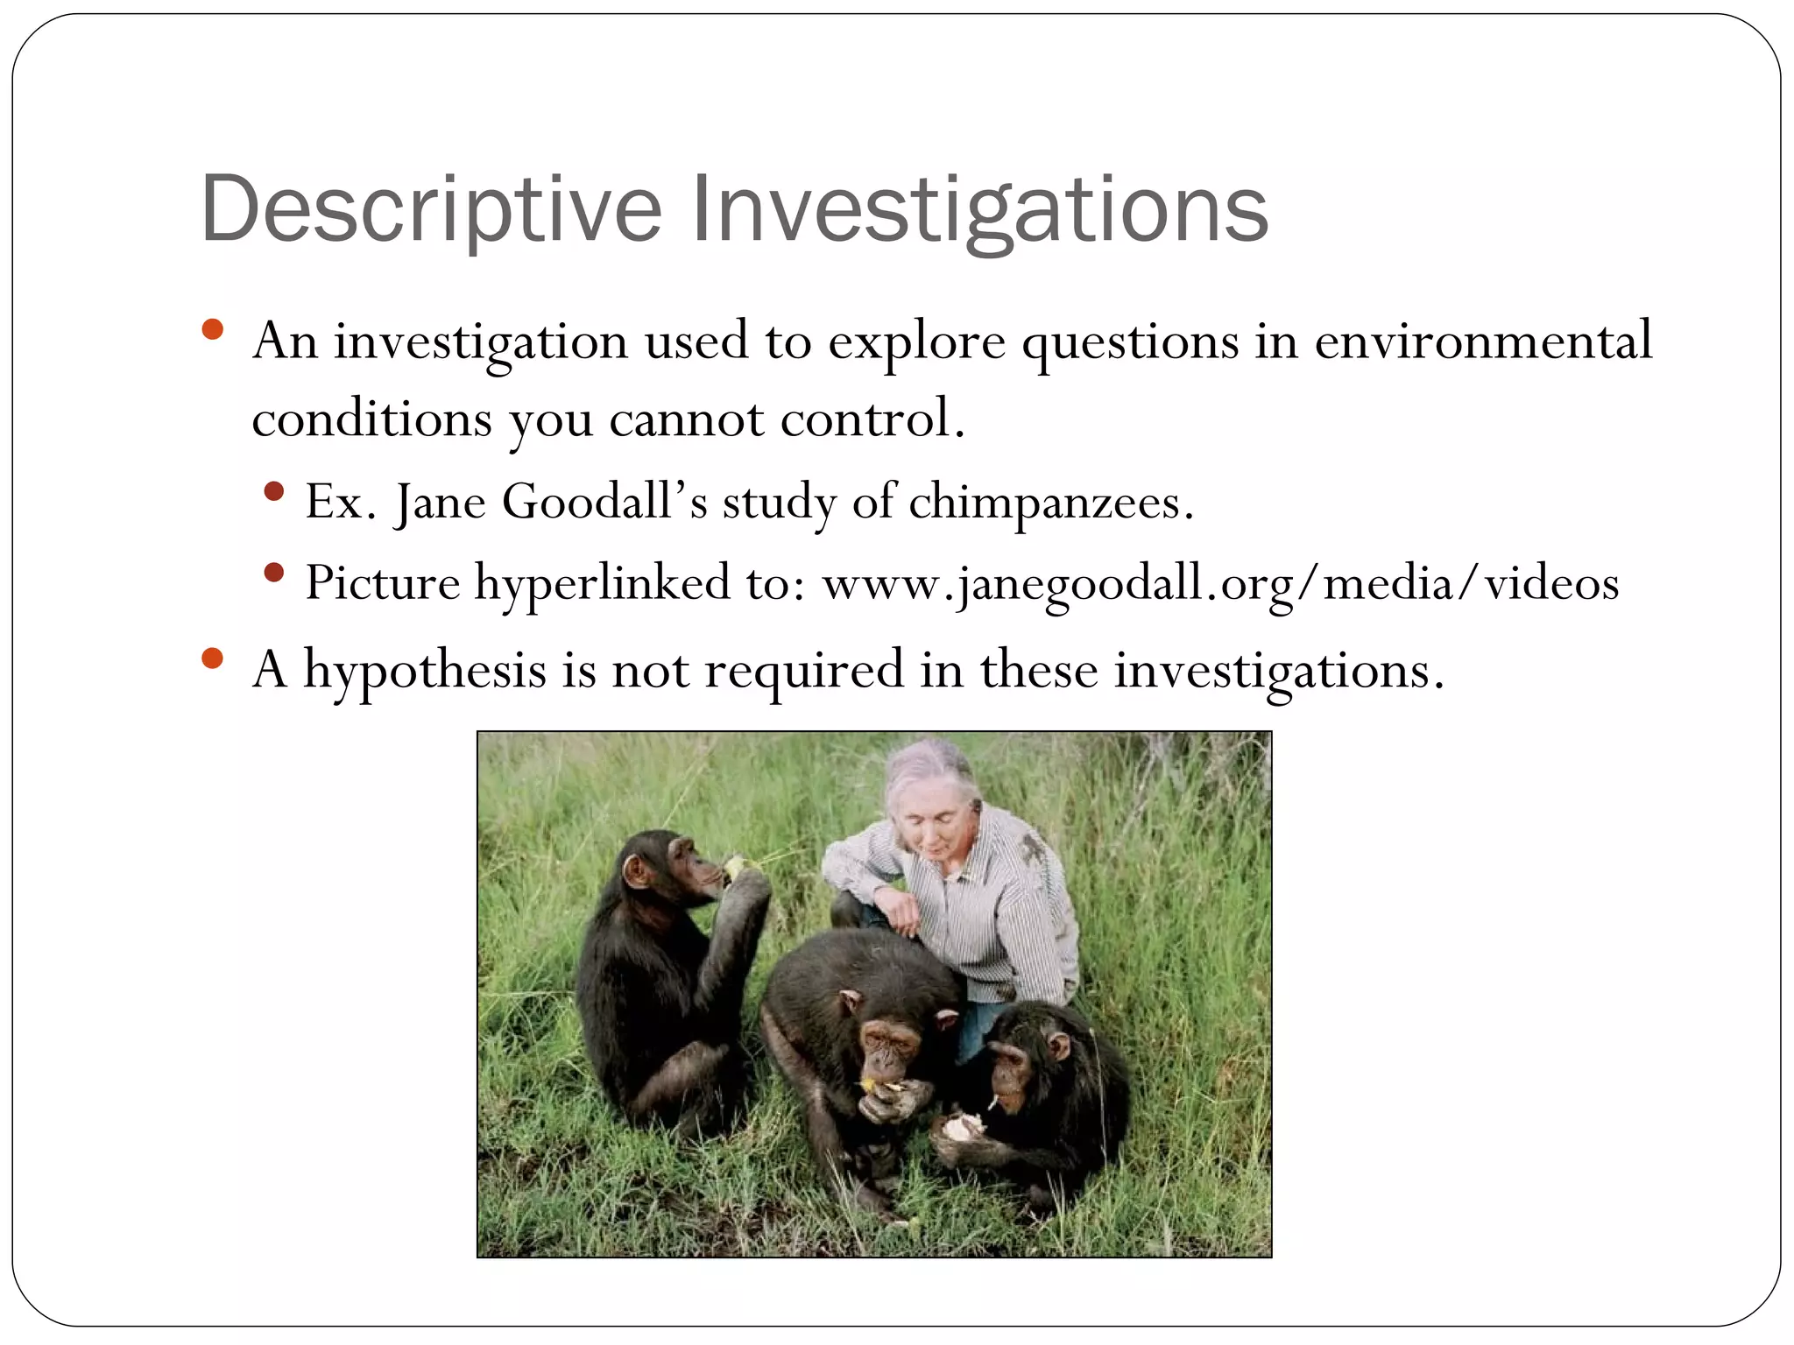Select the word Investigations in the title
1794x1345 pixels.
[979, 210]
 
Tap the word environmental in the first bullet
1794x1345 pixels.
[1482, 342]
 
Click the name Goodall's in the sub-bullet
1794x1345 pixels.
[604, 503]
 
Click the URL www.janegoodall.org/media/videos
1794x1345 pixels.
[1219, 584]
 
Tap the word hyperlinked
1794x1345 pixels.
[602, 584]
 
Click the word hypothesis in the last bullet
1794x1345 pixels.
[425, 672]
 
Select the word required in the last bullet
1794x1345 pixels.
[803, 672]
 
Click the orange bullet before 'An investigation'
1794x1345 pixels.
[212, 331]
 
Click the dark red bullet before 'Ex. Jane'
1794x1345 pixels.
[274, 492]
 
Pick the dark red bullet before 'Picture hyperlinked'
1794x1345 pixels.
[274, 574]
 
